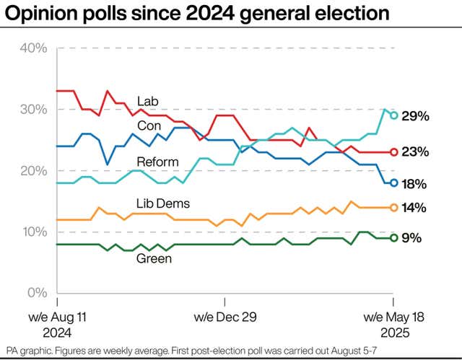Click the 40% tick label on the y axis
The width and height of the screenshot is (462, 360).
point(33,48)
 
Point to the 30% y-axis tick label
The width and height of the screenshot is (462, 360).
point(33,110)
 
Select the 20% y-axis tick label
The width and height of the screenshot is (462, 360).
point(33,171)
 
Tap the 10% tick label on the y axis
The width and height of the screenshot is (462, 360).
point(33,232)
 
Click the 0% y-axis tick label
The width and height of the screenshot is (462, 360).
point(37,294)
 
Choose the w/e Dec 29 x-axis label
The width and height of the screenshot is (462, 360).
point(225,317)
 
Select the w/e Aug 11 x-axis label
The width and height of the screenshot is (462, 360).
point(57,317)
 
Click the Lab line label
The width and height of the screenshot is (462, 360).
point(148,100)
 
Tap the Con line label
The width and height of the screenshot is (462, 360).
point(149,125)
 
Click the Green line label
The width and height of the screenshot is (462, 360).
point(154,258)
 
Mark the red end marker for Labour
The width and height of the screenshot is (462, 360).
point(393,152)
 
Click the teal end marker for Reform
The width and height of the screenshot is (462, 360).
point(393,115)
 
